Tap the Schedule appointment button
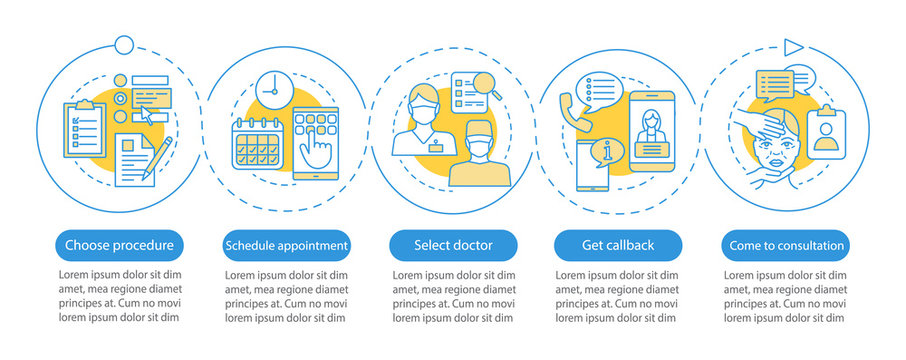coord(286,244)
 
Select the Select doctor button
coord(453,244)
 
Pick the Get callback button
coord(618,244)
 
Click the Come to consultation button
coord(783,244)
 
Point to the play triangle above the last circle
coord(793,46)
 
